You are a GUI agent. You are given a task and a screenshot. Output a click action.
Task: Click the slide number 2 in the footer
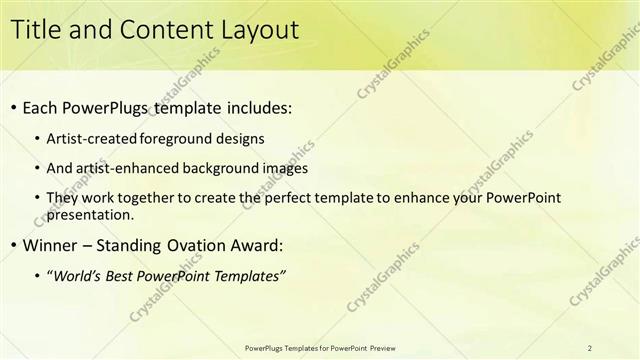[x=590, y=347]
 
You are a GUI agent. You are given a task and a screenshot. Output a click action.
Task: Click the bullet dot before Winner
[x=13, y=246]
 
